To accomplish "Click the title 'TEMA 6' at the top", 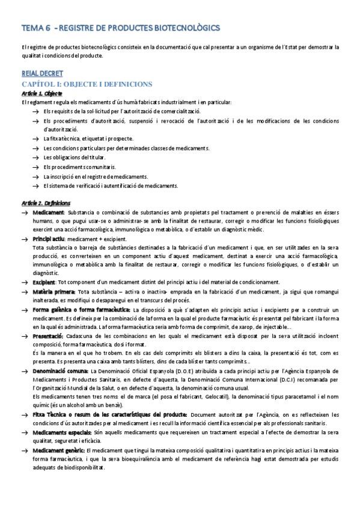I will click(x=35, y=28).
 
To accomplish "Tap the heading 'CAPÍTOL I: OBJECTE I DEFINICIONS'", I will click(x=87, y=84).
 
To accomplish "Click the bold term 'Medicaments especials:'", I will click(x=63, y=432).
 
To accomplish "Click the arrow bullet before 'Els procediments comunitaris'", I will click(x=38, y=167).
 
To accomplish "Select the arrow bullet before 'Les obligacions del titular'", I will click(x=38, y=158).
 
